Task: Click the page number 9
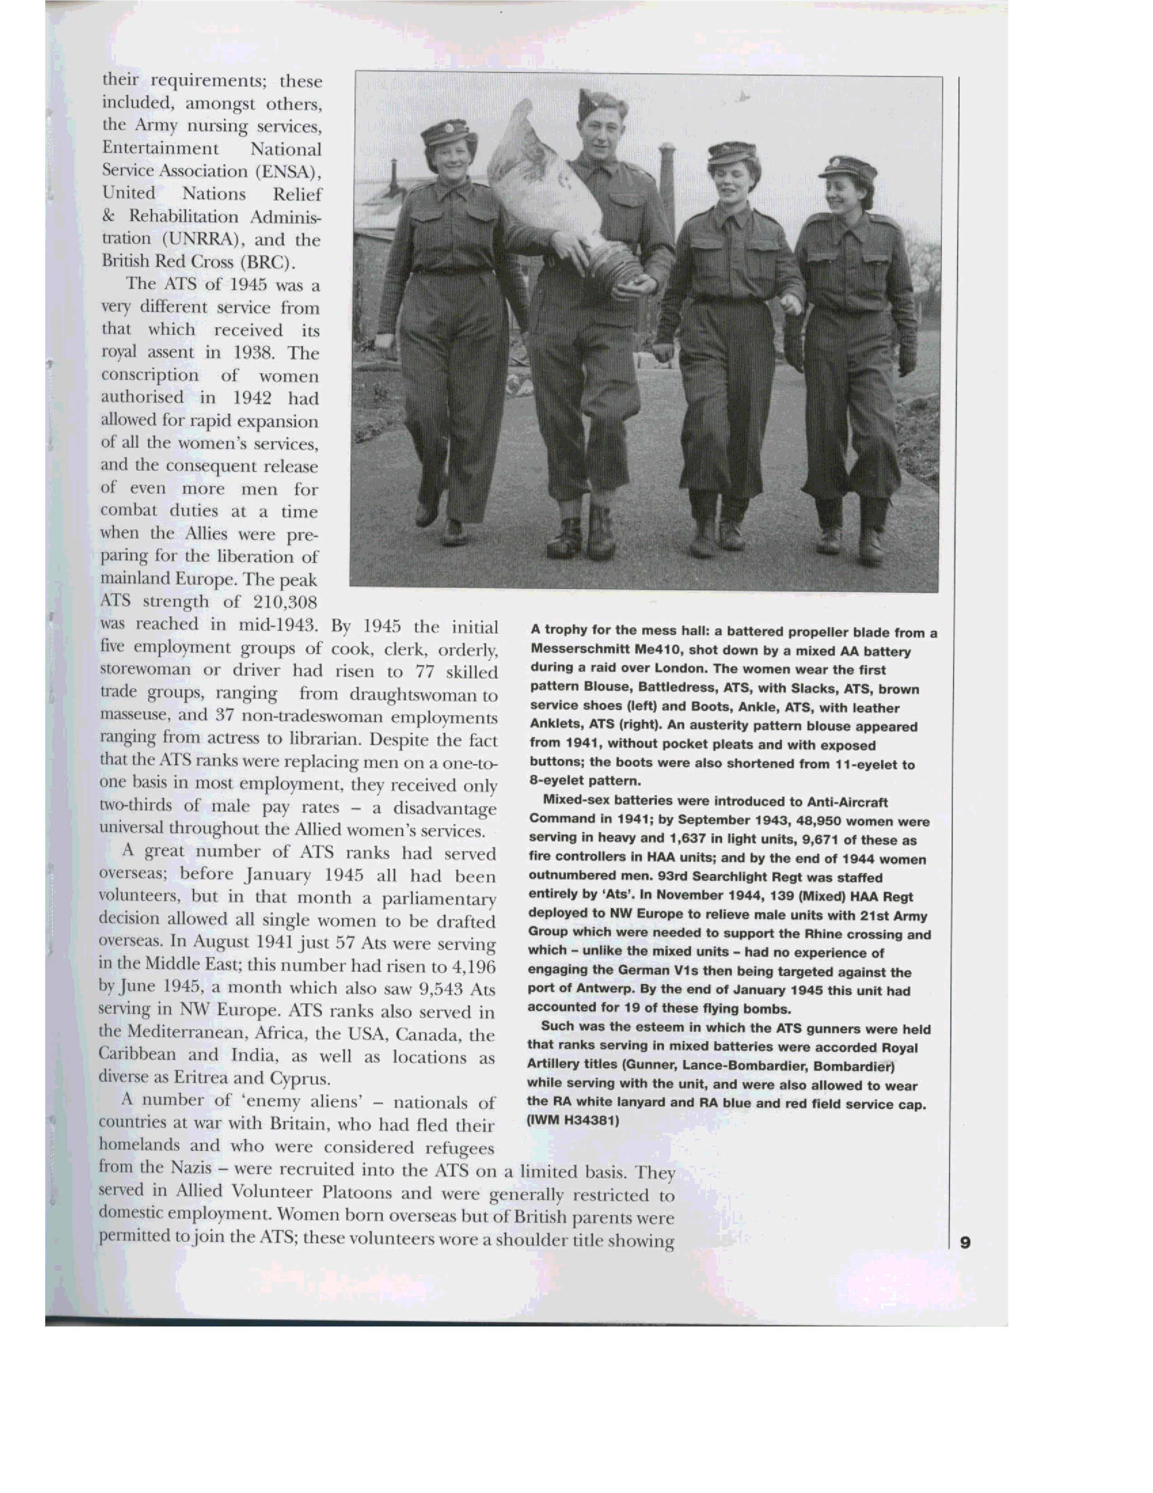(964, 1242)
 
